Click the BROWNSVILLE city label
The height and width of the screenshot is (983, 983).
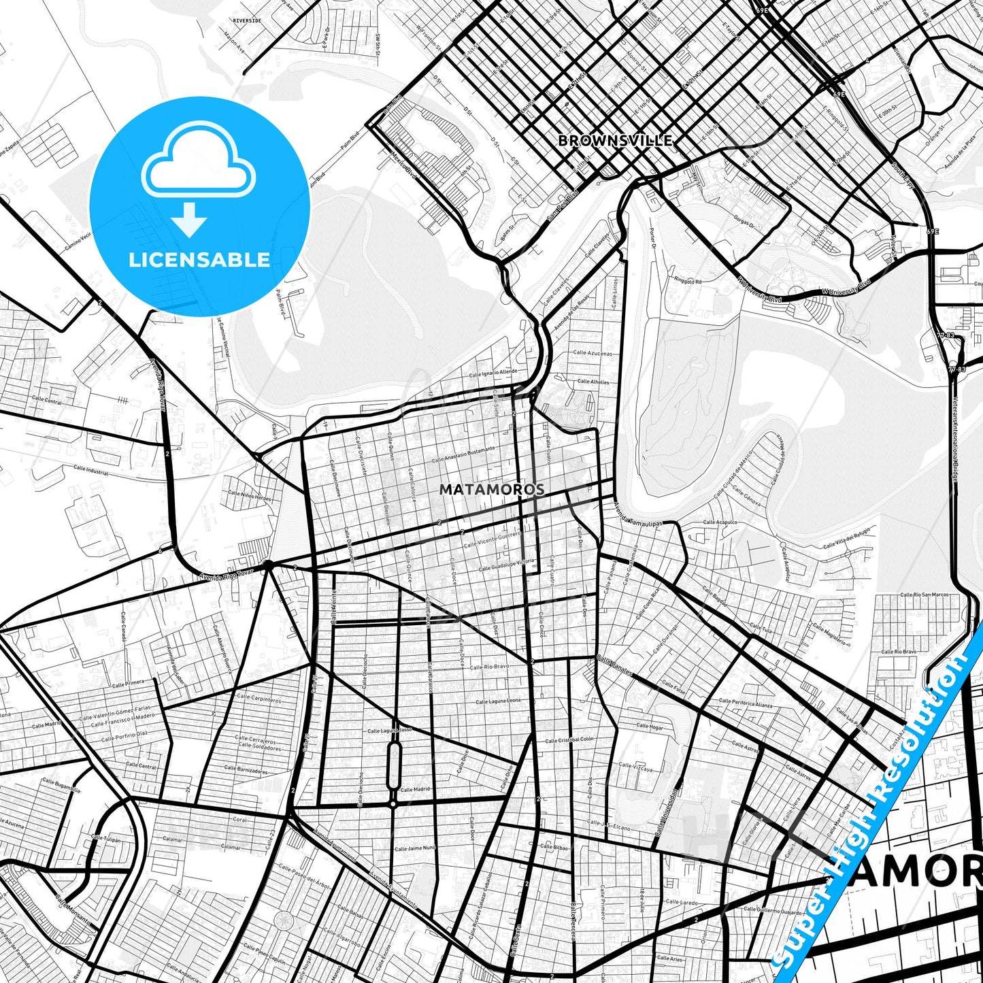coord(615,141)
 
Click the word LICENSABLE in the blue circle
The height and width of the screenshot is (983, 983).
coord(199,260)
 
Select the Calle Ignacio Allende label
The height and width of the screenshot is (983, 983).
coord(493,373)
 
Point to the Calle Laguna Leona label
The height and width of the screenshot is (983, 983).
coord(498,701)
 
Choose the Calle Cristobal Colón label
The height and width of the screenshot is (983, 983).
coord(569,739)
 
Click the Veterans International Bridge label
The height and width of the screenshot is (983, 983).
coord(954,438)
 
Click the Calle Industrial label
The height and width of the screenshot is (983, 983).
coord(90,470)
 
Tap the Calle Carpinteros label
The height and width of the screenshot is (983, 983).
coord(259,699)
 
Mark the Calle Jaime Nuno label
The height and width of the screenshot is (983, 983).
coord(414,848)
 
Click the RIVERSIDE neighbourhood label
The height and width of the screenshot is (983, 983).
coord(247,21)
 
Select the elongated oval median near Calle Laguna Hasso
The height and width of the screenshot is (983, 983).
coord(393,765)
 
